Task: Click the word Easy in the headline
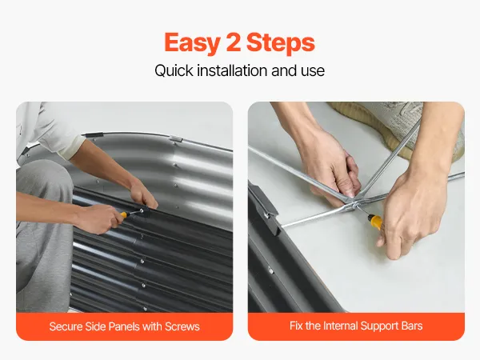coord(192,43)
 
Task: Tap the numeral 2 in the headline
coord(234,42)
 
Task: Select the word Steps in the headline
coord(281,43)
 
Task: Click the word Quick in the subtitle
coord(174,70)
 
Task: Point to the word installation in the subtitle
coord(232,70)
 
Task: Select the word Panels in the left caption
coord(122,326)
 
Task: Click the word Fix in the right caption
coord(296,326)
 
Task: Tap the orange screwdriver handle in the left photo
coord(123,215)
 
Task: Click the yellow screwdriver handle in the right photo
coord(375,221)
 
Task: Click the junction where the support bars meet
coord(354,204)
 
